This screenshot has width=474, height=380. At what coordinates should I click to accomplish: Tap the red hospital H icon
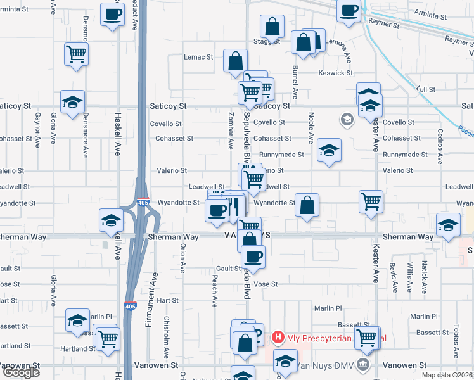278,338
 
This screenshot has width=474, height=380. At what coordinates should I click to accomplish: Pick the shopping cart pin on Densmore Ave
76,54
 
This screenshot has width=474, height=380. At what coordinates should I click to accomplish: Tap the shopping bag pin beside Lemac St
235,62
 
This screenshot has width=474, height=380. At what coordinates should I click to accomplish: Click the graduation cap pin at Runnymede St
329,150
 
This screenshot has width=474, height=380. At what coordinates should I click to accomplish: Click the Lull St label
426,90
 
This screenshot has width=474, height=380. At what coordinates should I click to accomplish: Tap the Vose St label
266,284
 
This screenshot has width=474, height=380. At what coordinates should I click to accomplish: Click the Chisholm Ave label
167,336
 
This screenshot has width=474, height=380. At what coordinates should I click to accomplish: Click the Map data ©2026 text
447,375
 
